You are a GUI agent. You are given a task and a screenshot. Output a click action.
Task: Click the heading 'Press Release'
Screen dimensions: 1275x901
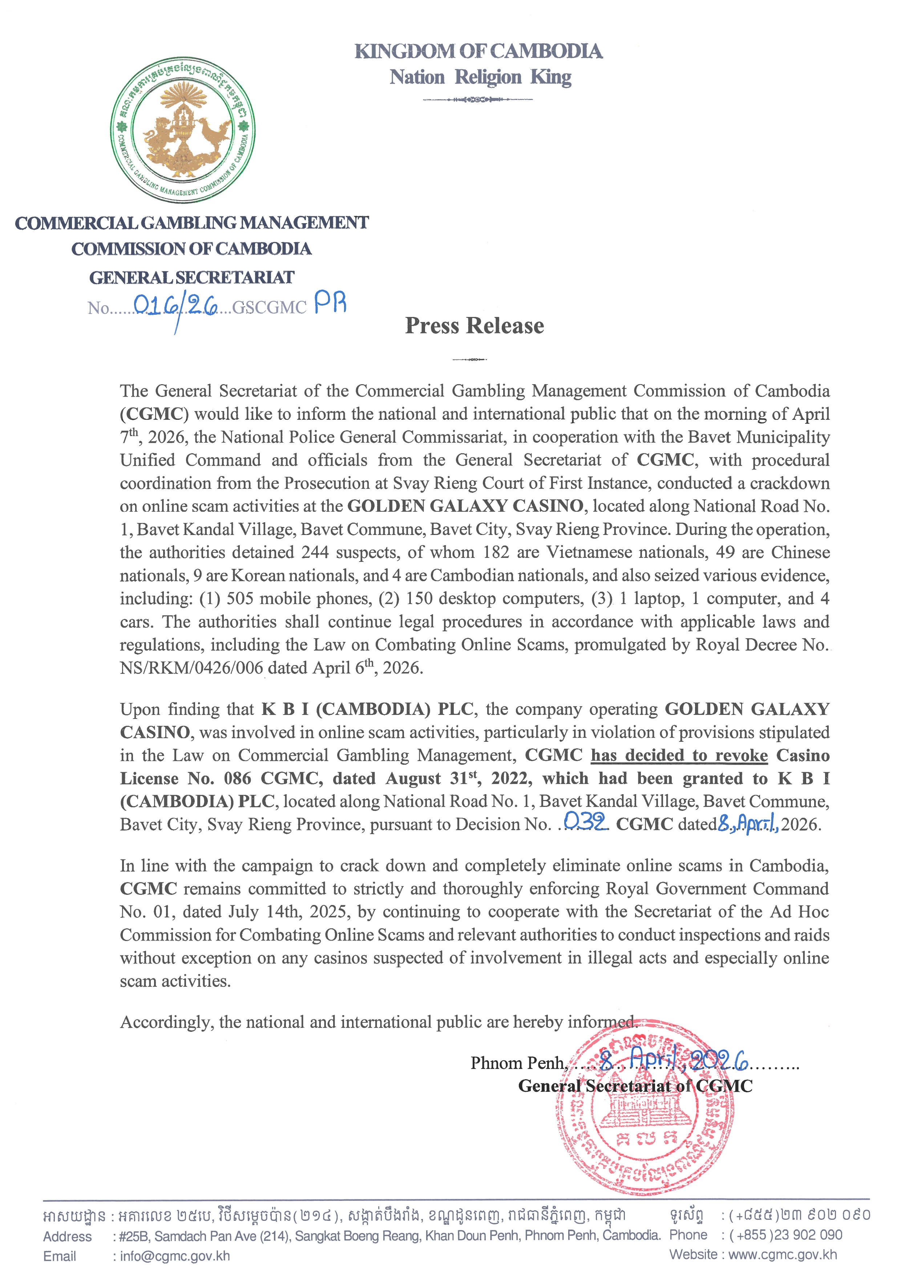click(x=474, y=326)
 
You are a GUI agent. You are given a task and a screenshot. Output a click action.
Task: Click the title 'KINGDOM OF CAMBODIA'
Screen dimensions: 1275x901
click(x=478, y=52)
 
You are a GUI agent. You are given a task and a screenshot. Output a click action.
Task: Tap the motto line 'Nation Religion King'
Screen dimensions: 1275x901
click(x=480, y=77)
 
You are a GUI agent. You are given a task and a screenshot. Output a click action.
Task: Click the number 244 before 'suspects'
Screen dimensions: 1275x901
click(x=315, y=552)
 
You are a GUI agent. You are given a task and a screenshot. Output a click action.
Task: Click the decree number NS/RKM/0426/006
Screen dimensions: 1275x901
click(x=191, y=668)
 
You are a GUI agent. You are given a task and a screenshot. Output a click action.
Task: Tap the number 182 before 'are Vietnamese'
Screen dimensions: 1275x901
click(x=496, y=552)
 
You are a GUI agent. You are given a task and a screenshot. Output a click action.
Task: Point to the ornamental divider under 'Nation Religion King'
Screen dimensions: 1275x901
click(x=477, y=99)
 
